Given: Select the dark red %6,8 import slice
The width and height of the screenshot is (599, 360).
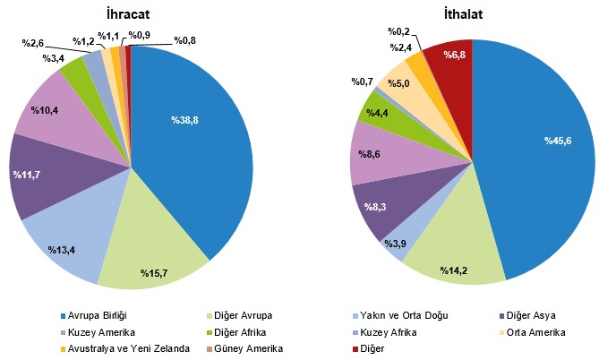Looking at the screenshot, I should click(448, 63).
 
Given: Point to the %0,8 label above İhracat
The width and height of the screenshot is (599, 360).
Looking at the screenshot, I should click(185, 40).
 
